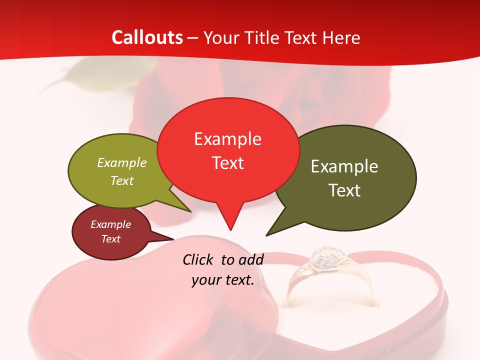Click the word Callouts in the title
[147, 37]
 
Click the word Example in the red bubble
[227, 138]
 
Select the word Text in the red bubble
[227, 162]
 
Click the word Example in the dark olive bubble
[344, 166]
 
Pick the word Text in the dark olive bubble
[344, 190]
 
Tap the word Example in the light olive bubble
[122, 162]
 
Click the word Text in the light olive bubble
[122, 180]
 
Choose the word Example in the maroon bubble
[110, 224]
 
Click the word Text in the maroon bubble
[110, 239]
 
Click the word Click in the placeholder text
[199, 259]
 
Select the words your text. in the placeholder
[223, 280]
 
